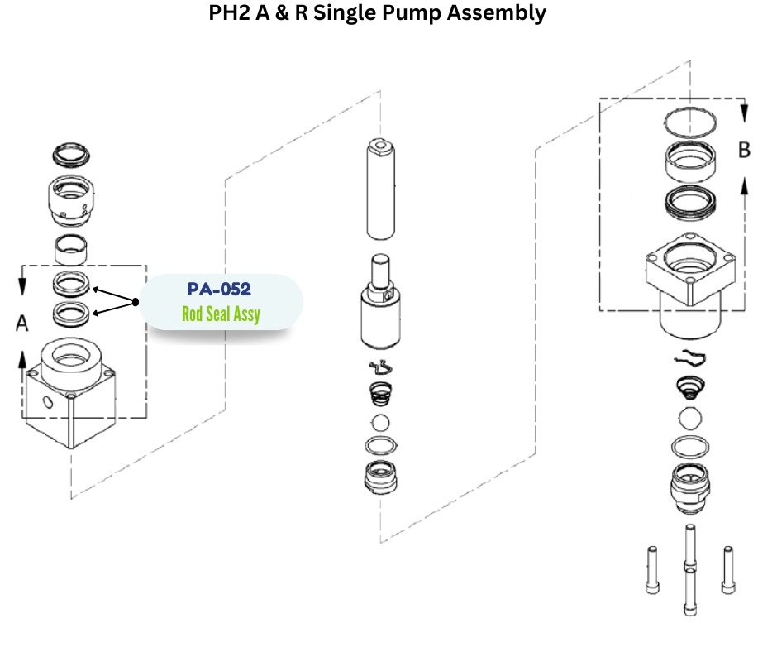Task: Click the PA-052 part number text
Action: coord(219,290)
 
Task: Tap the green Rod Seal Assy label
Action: coord(221,314)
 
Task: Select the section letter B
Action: coord(744,151)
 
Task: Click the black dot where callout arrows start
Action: coord(135,303)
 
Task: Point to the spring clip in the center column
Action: coord(379,368)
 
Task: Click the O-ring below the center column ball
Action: coord(380,447)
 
